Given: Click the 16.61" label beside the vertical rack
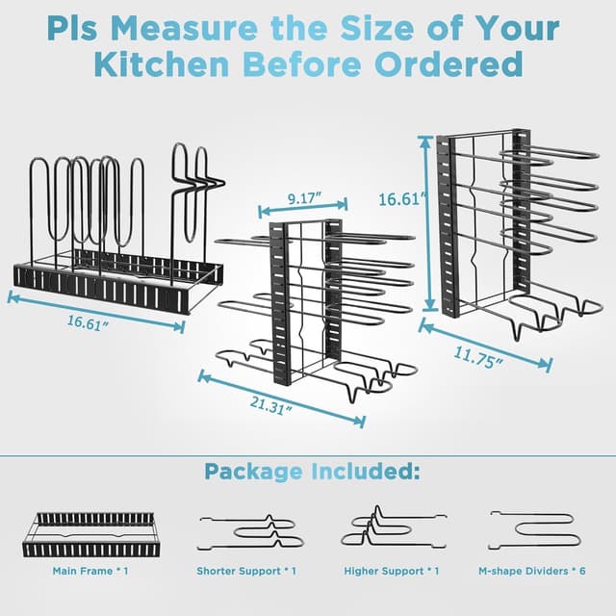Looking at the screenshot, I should click(x=398, y=200).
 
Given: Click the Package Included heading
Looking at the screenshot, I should click(x=312, y=473).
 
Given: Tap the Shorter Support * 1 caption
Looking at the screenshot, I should click(x=246, y=571).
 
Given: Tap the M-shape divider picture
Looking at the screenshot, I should click(x=532, y=528).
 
